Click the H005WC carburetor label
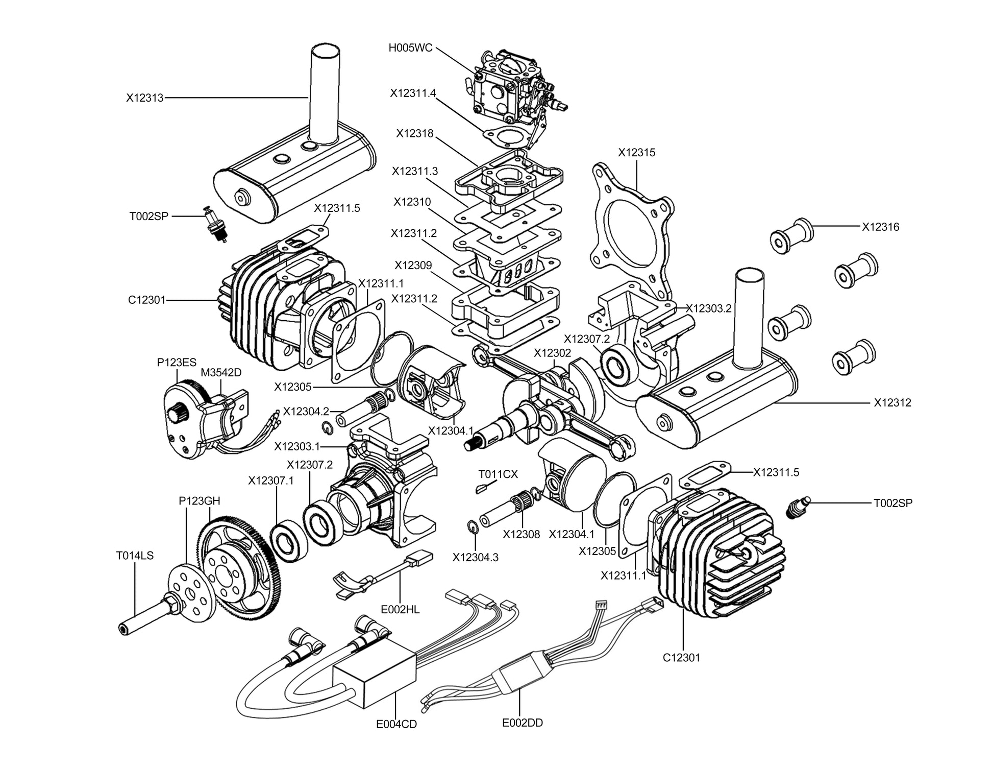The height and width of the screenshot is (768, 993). pyautogui.click(x=410, y=48)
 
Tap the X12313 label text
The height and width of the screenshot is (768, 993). pyautogui.click(x=145, y=98)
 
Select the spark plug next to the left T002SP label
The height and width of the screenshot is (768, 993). pyautogui.click(x=216, y=225)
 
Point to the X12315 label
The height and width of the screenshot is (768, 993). pyautogui.click(x=636, y=152)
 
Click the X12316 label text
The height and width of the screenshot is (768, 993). pyautogui.click(x=881, y=227)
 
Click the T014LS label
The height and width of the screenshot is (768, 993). pyautogui.click(x=135, y=556)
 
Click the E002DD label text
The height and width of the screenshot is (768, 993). pyautogui.click(x=523, y=723)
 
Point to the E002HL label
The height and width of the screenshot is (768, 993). pyautogui.click(x=400, y=609)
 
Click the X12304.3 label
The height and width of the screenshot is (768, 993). pyautogui.click(x=475, y=557)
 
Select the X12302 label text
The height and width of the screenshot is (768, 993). pyautogui.click(x=552, y=353)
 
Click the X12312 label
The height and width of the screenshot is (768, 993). pyautogui.click(x=892, y=402)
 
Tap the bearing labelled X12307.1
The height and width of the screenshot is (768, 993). pyautogui.click(x=289, y=541)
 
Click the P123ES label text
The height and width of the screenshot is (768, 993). pyautogui.click(x=177, y=363)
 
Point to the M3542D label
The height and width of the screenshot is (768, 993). pyautogui.click(x=221, y=372)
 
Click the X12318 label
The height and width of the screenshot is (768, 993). pyautogui.click(x=414, y=133)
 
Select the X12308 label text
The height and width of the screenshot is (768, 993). pyautogui.click(x=521, y=534)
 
